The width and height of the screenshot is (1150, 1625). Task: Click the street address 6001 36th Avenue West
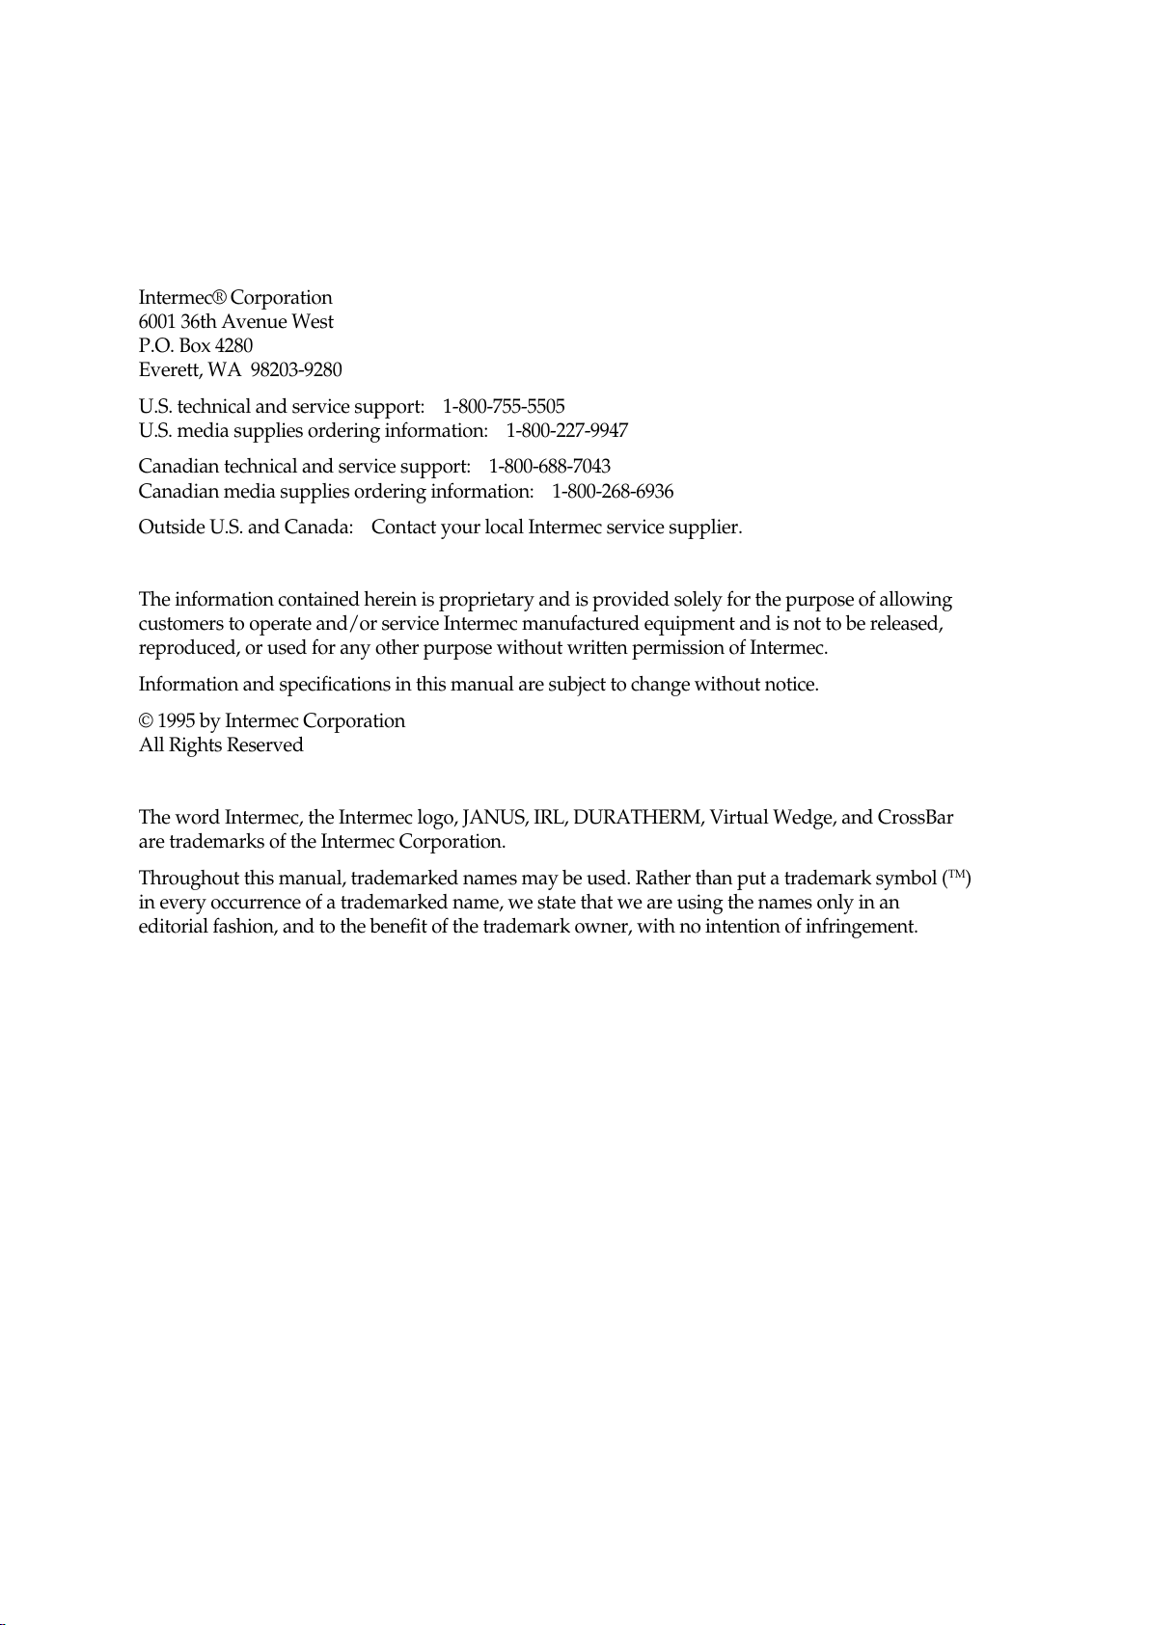tap(236, 321)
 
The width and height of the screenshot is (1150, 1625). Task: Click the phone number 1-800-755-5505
tap(504, 406)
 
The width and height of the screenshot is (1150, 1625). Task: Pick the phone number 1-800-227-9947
tap(567, 430)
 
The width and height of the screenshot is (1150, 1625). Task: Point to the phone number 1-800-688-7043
tap(550, 467)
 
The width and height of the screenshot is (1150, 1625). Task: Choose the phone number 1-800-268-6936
tap(613, 491)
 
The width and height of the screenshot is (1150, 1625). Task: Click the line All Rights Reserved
tap(221, 745)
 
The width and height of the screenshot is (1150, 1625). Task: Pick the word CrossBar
tap(916, 818)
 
